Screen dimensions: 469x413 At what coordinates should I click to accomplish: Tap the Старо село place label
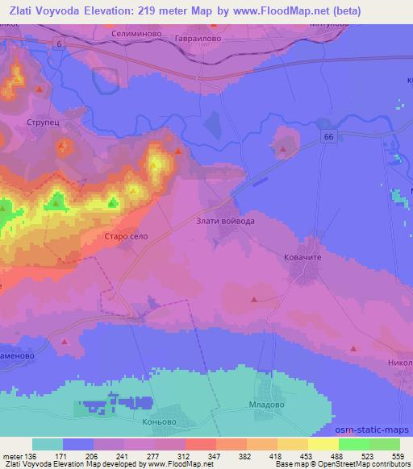pos(123,236)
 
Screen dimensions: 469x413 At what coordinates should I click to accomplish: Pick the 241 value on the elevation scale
pos(126,456)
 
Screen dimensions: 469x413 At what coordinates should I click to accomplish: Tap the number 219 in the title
pos(126,10)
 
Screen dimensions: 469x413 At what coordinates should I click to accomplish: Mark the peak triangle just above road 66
pos(283,147)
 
